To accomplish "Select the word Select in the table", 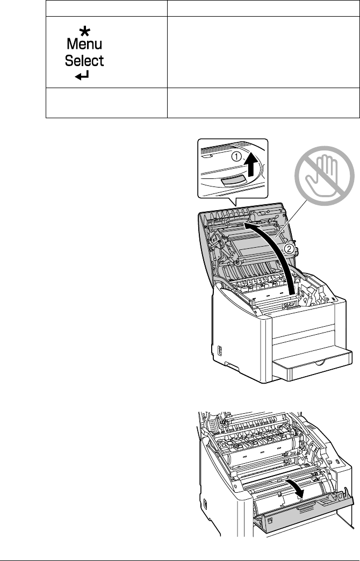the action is (84, 60).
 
